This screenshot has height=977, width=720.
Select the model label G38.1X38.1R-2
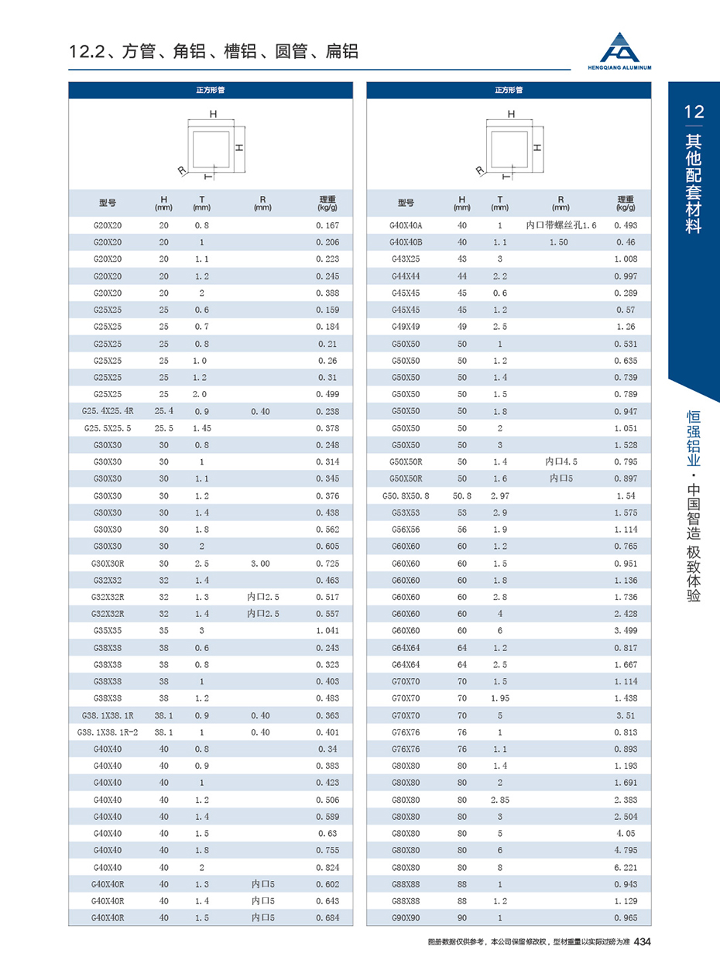108,732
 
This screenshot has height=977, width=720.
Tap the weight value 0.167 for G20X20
328,225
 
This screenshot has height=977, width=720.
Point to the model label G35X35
108,630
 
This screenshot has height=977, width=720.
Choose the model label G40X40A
406,225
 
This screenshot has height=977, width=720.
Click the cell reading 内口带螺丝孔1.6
561,225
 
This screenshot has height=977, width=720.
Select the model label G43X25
406,259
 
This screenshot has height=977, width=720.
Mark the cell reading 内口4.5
561,462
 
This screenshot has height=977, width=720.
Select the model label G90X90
406,917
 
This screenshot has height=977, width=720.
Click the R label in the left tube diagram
180,170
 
